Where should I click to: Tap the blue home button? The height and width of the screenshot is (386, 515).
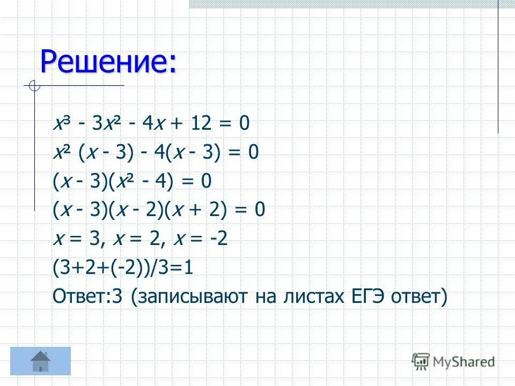[41, 361]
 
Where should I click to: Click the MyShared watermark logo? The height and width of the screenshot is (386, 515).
[453, 362]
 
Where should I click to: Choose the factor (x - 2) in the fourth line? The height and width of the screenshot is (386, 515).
[142, 210]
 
